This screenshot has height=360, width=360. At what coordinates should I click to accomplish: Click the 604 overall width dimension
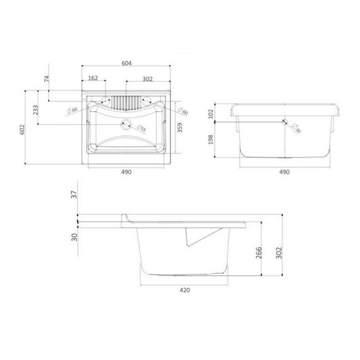click(126, 62)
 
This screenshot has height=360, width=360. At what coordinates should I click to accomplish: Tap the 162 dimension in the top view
click(94, 79)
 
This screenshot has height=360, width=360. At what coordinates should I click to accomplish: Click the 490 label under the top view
click(126, 173)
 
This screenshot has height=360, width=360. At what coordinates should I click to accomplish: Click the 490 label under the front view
click(285, 173)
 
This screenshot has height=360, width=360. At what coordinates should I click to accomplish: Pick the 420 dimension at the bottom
click(185, 290)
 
